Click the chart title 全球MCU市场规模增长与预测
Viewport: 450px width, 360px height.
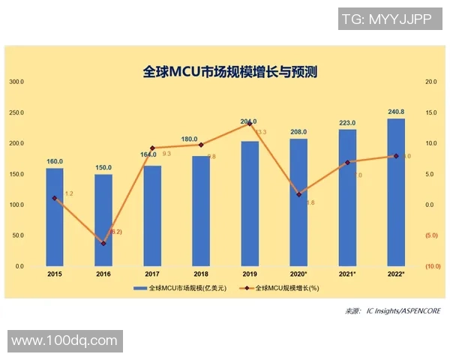pyautogui.click(x=230, y=72)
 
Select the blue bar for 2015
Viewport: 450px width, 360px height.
pyautogui.click(x=55, y=217)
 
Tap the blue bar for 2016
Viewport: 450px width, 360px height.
pyautogui.click(x=103, y=221)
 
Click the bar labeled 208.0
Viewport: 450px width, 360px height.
pyautogui.click(x=298, y=202)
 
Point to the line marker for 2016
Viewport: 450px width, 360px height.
pyautogui.click(x=103, y=244)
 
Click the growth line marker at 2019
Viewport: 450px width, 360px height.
pyautogui.click(x=250, y=123)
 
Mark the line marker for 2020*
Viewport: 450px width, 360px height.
pyautogui.click(x=298, y=194)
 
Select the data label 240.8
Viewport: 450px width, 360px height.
pyautogui.click(x=396, y=112)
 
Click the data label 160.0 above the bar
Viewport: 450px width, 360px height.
pyautogui.click(x=55, y=161)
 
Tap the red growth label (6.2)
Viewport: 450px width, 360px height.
pyautogui.click(x=115, y=232)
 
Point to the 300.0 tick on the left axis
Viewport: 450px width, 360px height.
pyautogui.click(x=16, y=81)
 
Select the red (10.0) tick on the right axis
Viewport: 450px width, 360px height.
pyautogui.click(x=432, y=266)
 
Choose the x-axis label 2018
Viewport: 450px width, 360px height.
pyautogui.click(x=201, y=274)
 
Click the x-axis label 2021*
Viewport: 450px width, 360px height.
pyautogui.click(x=347, y=274)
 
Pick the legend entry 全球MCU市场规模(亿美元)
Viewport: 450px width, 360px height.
pyautogui.click(x=181, y=288)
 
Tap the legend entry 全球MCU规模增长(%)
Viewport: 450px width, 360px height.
pyautogui.click(x=286, y=288)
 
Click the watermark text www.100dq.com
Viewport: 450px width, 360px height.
pyautogui.click(x=64, y=340)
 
